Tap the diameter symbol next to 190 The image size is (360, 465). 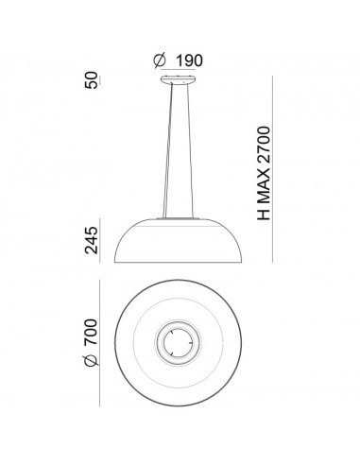[x=158, y=60]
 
